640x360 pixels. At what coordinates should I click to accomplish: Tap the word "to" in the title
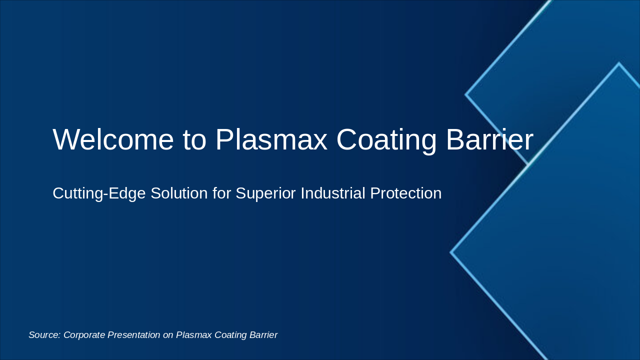tap(195, 139)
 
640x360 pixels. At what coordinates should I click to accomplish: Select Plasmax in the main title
tap(271, 139)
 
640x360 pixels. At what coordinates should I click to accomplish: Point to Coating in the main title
tap(386, 139)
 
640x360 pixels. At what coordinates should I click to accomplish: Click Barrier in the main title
tap(489, 139)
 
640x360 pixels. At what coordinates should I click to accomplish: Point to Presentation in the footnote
tap(133, 335)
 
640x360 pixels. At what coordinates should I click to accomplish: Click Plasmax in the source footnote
tap(194, 335)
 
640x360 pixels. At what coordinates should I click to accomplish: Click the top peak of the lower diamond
tap(619, 63)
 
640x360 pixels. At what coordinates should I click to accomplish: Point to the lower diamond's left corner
tap(451, 252)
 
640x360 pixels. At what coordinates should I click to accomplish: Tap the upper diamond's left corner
tap(466, 94)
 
